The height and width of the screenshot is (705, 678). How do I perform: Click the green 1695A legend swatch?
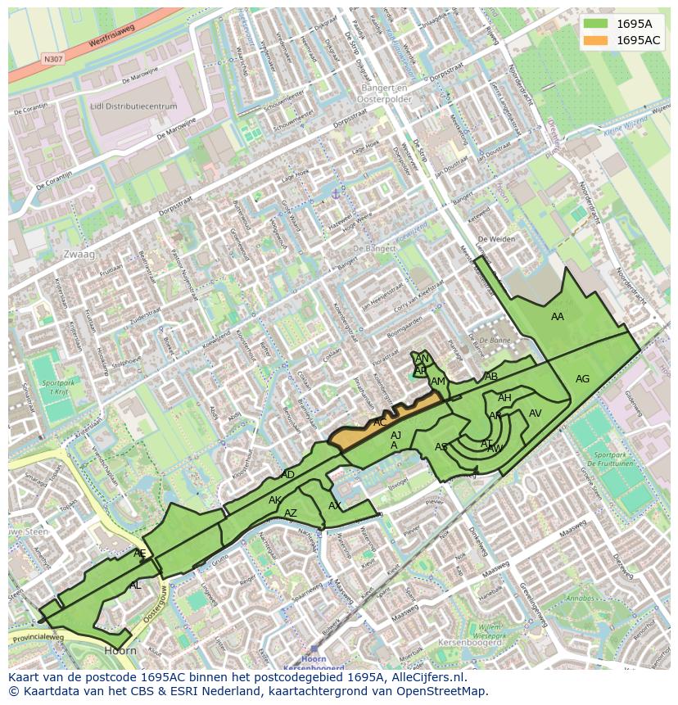coord(596,24)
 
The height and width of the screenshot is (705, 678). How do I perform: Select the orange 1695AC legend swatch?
coord(596,40)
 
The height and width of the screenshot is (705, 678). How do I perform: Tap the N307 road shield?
coord(53,59)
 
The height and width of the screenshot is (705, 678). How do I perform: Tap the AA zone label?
coord(558,317)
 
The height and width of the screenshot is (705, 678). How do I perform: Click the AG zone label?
coord(582,379)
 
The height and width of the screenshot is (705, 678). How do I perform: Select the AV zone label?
coord(536,414)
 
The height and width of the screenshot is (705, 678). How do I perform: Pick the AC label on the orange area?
coord(380,423)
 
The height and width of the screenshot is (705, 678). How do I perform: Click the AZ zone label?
coord(291,513)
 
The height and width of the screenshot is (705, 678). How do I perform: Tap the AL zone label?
coord(135,585)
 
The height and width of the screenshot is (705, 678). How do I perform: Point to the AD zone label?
coord(287,475)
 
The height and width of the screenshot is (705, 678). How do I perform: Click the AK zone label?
coord(275,500)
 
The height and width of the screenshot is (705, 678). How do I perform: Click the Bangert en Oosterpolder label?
coord(384,93)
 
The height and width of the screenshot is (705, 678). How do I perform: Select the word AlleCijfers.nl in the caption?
coord(426,677)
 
